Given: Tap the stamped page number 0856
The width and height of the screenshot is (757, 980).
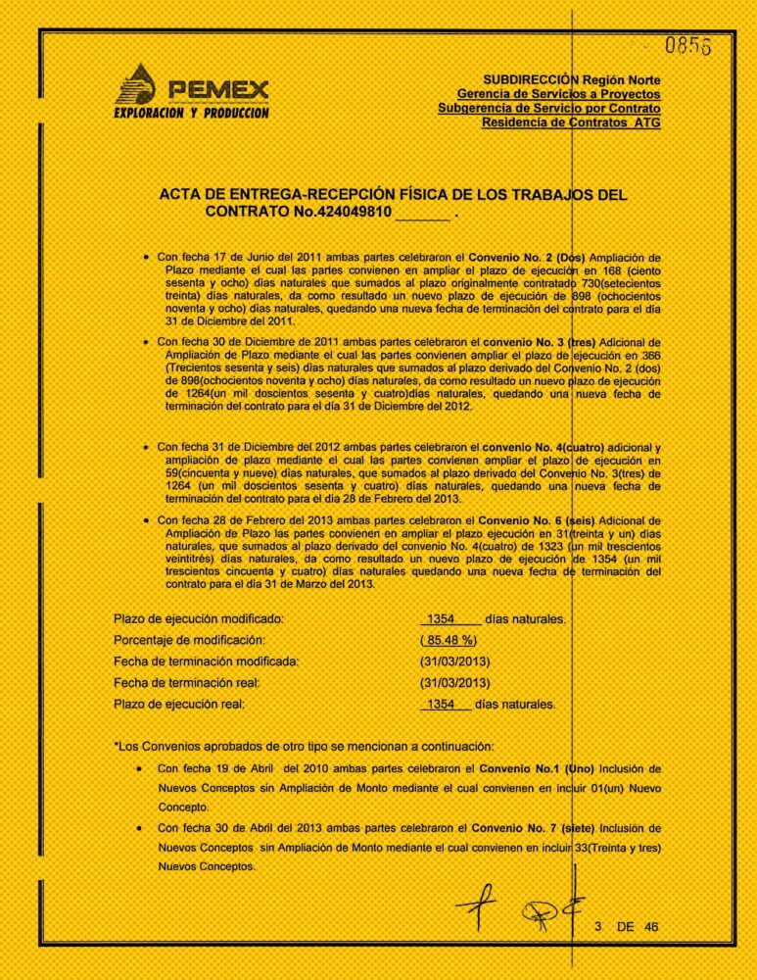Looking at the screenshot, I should point(688,46).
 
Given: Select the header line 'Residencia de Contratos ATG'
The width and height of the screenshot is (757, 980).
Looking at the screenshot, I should point(571,123).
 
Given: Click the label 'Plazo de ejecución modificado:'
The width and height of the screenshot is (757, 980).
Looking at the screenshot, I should point(199,619).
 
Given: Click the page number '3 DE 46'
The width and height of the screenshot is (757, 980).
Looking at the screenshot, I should point(629,925).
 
